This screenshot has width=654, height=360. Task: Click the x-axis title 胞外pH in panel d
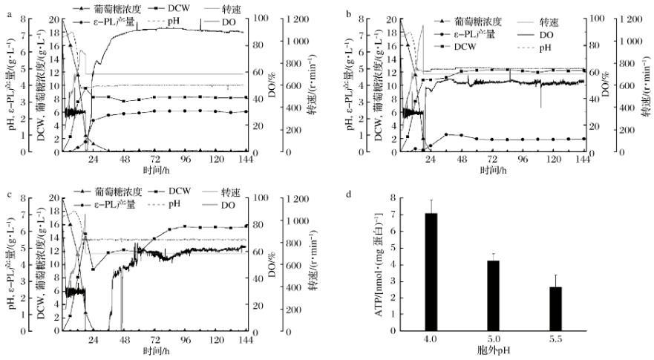click(x=493, y=350)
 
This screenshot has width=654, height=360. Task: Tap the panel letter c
click(x=4, y=194)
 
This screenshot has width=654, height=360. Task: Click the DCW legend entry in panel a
click(x=173, y=7)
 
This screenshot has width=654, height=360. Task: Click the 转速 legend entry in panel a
click(x=238, y=7)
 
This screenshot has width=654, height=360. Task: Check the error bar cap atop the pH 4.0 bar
click(x=431, y=200)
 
